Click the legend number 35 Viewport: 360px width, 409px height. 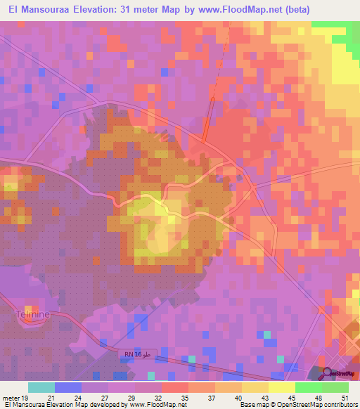point(184,398)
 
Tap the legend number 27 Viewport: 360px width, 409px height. point(103,398)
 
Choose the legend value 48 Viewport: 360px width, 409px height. point(317,398)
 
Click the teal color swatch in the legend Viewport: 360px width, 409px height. point(41,387)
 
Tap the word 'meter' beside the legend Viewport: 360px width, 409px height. point(12,398)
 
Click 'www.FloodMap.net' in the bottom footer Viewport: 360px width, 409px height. point(160,405)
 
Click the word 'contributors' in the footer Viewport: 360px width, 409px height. point(337,405)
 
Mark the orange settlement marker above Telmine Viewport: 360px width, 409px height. point(29,309)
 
